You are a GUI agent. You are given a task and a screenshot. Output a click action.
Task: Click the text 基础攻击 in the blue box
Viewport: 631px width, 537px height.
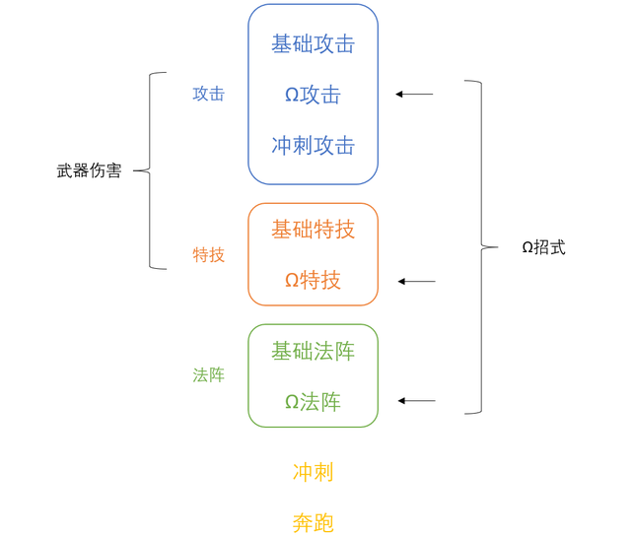[x=313, y=44]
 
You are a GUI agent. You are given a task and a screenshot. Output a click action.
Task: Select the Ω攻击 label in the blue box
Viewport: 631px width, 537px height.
[x=313, y=95]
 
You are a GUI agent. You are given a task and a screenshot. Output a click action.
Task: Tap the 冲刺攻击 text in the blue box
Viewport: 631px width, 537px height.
[x=313, y=146]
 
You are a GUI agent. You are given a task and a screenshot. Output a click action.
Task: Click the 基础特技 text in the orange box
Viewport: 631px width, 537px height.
[x=313, y=230]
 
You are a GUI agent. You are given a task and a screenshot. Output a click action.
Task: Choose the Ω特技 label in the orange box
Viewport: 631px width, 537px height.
[x=313, y=281]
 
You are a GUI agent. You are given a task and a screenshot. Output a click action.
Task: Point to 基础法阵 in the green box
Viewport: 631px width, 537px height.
[x=313, y=351]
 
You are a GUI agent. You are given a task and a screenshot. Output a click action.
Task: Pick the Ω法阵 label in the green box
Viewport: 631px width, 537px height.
[x=313, y=402]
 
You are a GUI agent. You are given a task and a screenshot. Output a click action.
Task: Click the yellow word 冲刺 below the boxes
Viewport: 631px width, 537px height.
[x=313, y=472]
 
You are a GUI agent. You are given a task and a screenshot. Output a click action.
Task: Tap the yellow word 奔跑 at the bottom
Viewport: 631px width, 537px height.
[x=313, y=522]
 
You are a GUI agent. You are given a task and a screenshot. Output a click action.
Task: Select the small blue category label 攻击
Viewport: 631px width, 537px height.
[x=208, y=95]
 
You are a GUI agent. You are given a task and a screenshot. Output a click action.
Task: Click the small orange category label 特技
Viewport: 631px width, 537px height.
[x=208, y=255]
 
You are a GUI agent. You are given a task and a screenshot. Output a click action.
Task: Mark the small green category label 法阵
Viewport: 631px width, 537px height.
[x=208, y=375]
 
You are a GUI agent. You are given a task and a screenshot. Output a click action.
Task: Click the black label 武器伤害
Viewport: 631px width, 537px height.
[x=89, y=170]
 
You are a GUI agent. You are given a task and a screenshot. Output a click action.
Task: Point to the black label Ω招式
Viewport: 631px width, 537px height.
[x=543, y=247]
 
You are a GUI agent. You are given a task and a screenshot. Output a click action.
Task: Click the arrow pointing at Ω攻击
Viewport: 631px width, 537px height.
[x=414, y=95]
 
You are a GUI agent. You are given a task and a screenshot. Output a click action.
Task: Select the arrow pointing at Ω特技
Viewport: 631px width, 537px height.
[x=416, y=282]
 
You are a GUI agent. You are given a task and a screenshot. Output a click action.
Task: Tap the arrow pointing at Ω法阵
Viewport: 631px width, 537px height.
[x=416, y=401]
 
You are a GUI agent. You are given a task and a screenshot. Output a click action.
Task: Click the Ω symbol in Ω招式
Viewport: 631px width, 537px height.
[x=527, y=248]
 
